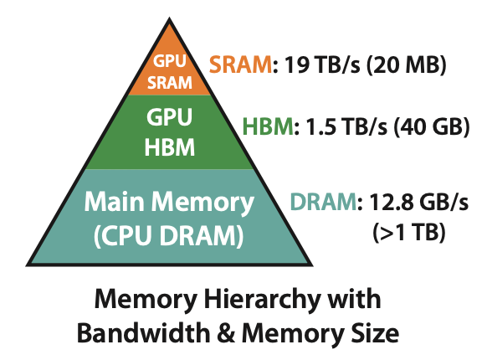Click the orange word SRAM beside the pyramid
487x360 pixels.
point(240,64)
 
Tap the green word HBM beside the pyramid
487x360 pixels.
point(268,126)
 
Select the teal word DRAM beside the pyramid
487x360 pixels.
point(323,202)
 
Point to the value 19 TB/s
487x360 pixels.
point(322,64)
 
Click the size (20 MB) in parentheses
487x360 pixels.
point(406,64)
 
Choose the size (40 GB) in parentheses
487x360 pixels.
point(432,126)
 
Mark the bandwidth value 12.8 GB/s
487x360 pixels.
point(418,202)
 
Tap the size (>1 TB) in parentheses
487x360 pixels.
point(409,232)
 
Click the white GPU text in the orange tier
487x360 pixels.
point(170,60)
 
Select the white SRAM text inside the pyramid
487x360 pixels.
point(170,82)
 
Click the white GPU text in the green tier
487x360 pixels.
point(170,117)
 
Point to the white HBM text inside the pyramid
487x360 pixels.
point(170,147)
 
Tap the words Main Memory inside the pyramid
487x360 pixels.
point(169,203)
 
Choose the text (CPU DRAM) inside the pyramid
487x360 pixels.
point(169,236)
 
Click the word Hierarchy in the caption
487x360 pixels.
point(262,299)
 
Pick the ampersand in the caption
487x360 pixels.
point(226,333)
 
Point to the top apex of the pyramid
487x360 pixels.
point(169,18)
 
